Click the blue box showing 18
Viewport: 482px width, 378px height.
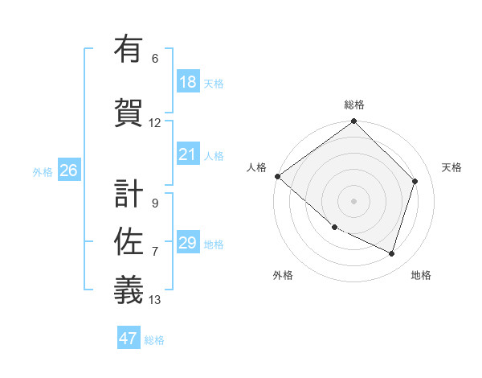[187, 82]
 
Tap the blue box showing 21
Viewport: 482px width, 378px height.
[187, 154]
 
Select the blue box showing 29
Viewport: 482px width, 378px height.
[187, 243]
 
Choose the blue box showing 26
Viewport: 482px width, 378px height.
[68, 171]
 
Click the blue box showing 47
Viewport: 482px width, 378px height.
[129, 339]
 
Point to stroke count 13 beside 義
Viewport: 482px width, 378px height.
[155, 300]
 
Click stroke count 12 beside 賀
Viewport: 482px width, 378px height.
[155, 123]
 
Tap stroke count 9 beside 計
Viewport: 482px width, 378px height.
[155, 203]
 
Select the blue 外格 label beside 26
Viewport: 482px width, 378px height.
[43, 171]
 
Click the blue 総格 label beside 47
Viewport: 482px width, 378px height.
[154, 339]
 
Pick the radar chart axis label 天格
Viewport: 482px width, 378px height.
[451, 167]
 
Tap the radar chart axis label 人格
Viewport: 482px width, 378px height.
[256, 167]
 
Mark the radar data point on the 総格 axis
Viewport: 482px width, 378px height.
[353, 122]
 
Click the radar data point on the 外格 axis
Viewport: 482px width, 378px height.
[334, 227]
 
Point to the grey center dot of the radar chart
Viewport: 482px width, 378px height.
[353, 200]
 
